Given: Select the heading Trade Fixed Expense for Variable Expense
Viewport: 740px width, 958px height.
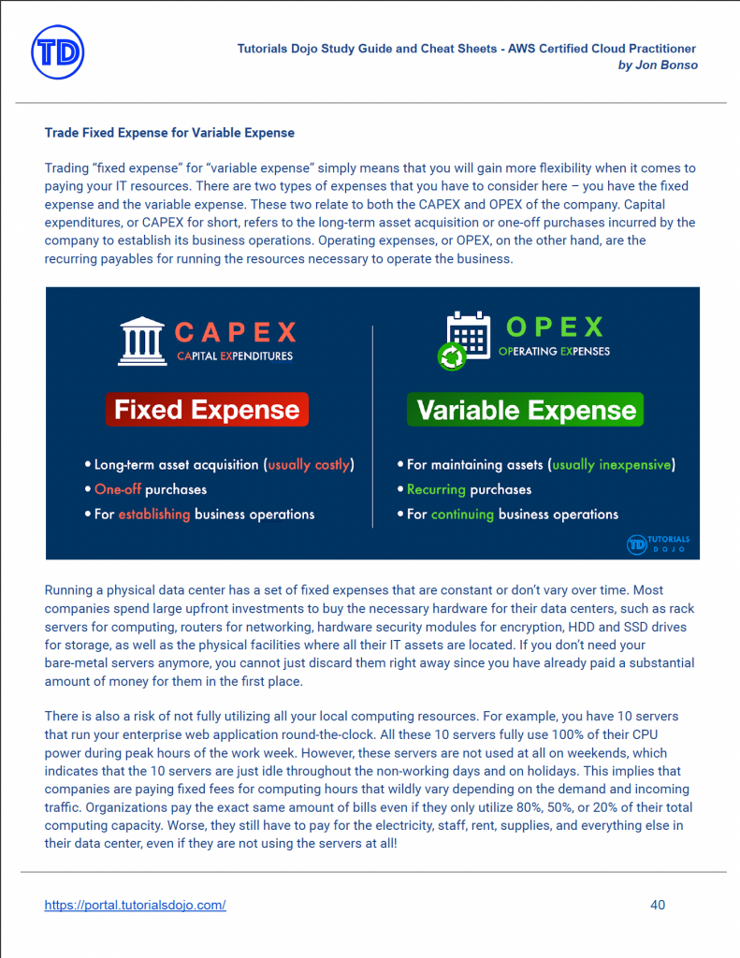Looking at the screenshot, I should pyautogui.click(x=169, y=133).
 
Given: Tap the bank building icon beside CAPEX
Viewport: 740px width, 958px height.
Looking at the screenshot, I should pyautogui.click(x=141, y=341).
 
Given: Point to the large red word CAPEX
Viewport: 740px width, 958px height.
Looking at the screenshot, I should pyautogui.click(x=235, y=331).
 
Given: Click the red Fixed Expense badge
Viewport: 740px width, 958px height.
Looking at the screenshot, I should pyautogui.click(x=207, y=410).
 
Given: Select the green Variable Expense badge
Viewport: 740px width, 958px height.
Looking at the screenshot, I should pyautogui.click(x=526, y=410).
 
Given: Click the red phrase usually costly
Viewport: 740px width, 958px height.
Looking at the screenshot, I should pyautogui.click(x=310, y=464).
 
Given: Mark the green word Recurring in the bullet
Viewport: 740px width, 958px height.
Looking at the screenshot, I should pyautogui.click(x=437, y=489).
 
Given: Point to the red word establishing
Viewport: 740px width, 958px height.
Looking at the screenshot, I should pyautogui.click(x=154, y=514).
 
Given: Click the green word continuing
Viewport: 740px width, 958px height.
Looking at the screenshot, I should pyautogui.click(x=462, y=514).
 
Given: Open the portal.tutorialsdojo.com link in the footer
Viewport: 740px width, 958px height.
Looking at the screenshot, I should pyautogui.click(x=135, y=905).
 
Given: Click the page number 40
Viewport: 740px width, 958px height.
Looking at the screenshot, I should pyautogui.click(x=658, y=905).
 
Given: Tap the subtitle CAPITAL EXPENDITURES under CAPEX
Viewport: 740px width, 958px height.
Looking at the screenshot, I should pyautogui.click(x=235, y=356).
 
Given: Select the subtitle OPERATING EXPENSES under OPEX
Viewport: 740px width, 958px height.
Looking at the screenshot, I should pyautogui.click(x=554, y=352).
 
